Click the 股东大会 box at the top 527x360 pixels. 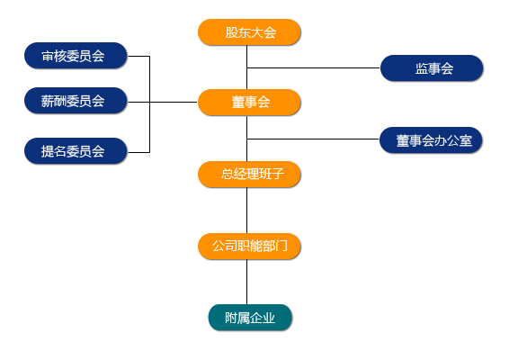(249, 32)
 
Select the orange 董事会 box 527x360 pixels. (249, 103)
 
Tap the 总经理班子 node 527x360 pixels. (249, 175)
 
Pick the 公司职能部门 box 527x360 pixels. (249, 247)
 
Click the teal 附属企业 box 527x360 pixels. (250, 318)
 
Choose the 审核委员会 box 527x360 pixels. (76, 56)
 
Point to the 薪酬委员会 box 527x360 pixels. (76, 101)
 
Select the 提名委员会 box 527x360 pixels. (76, 151)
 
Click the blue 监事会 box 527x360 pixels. (432, 68)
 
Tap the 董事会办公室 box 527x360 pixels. (431, 140)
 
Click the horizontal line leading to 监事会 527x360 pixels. (314, 68)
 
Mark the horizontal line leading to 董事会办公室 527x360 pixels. (313, 139)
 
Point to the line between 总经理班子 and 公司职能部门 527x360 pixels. (247, 211)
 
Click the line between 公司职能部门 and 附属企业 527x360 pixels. (247, 282)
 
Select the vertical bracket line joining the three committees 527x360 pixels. (149, 104)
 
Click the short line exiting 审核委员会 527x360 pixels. (138, 56)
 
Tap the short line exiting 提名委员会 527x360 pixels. (138, 152)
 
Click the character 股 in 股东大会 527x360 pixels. (231, 32)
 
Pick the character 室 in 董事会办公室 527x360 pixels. (466, 140)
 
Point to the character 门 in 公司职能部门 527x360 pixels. (281, 247)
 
